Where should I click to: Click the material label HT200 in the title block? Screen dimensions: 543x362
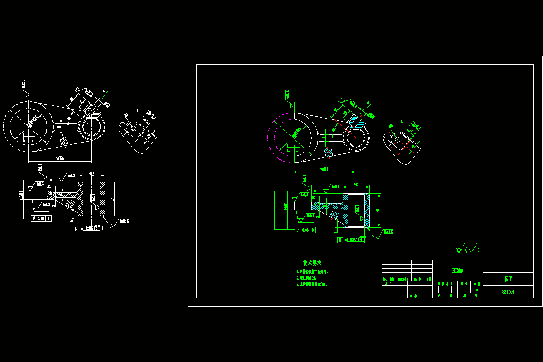click(x=457, y=271)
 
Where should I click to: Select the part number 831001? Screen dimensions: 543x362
click(x=508, y=292)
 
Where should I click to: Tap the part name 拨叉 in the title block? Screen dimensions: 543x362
click(x=508, y=279)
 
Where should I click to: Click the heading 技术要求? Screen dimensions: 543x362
click(x=312, y=263)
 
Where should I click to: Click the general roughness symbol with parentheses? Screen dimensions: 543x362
click(x=468, y=249)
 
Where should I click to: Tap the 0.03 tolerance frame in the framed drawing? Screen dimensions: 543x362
click(x=305, y=230)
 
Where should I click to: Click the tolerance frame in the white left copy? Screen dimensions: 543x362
click(x=41, y=219)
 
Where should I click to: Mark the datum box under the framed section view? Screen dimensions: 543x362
click(x=340, y=240)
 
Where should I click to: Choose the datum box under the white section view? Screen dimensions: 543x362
click(x=76, y=229)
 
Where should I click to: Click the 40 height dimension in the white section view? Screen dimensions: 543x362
click(x=113, y=199)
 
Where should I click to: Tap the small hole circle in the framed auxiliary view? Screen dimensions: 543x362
click(x=397, y=139)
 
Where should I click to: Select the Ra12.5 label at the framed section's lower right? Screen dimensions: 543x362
click(x=388, y=232)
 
